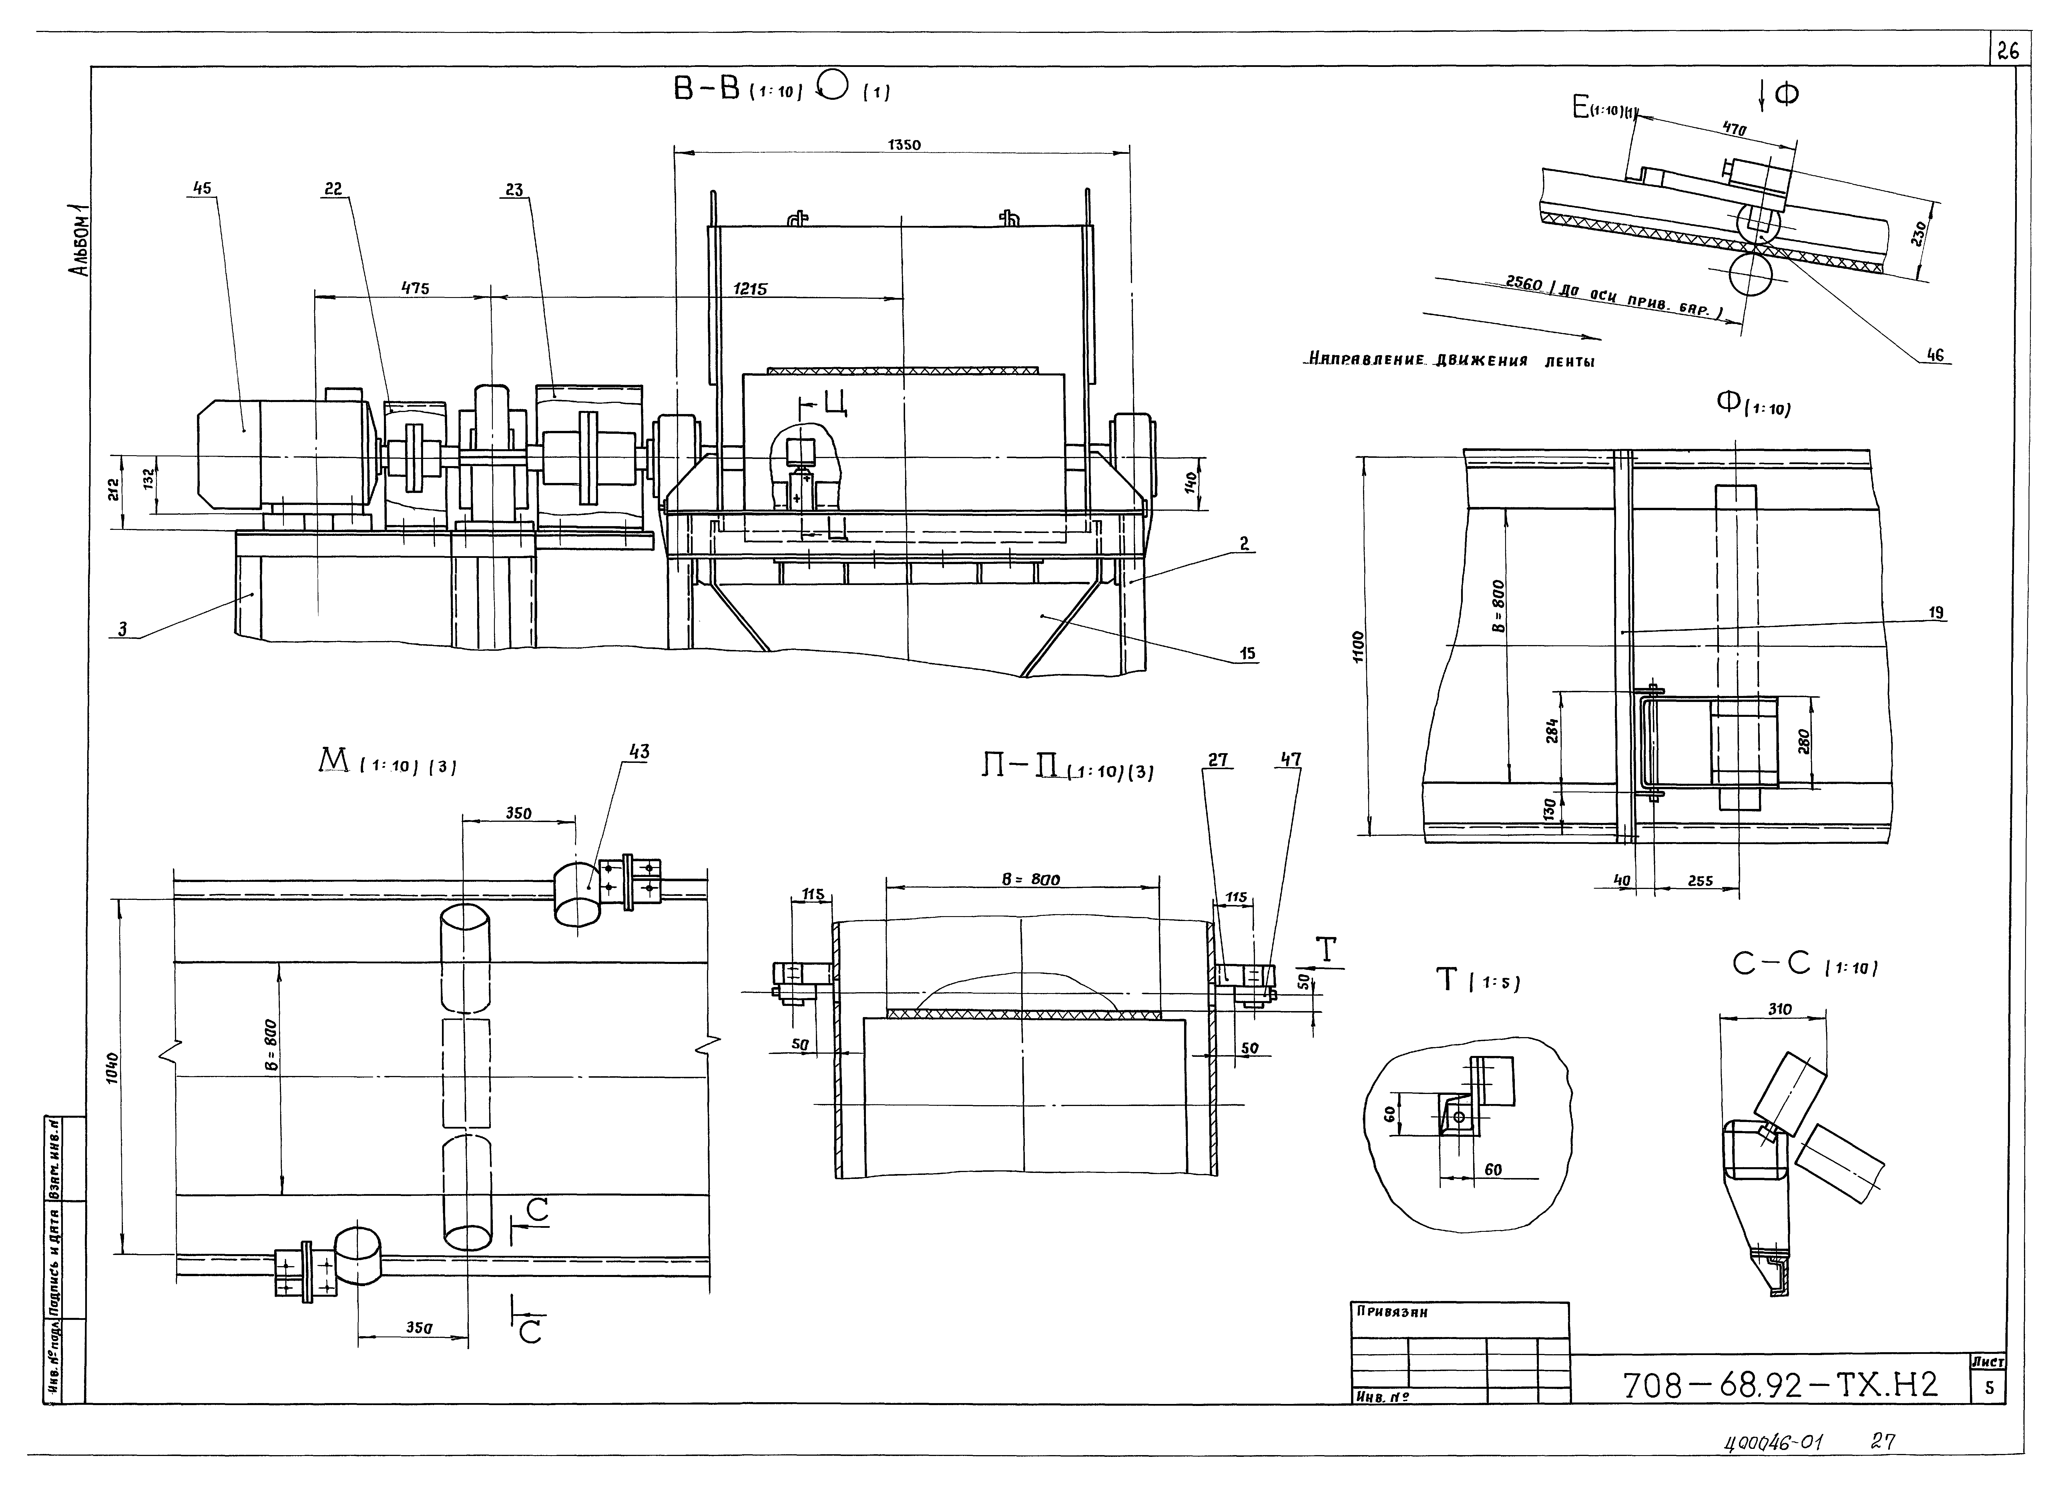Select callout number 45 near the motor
point(201,189)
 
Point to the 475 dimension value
point(415,289)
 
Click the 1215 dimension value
point(750,289)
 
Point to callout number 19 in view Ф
point(1936,613)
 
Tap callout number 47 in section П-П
point(1291,759)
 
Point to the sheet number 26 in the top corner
point(2007,52)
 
